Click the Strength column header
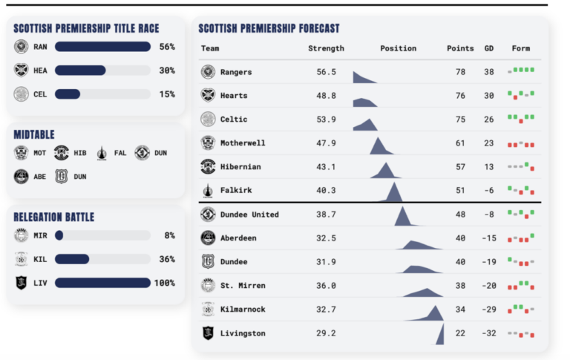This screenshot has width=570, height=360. click(326, 49)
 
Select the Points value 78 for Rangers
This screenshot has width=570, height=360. click(460, 72)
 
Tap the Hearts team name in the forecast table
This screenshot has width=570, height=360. click(234, 96)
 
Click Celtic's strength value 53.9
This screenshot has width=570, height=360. click(326, 120)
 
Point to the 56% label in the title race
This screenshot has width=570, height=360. click(166, 47)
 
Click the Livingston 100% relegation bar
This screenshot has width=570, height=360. click(102, 283)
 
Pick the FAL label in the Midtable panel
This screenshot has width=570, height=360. click(121, 154)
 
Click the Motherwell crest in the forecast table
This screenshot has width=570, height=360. click(208, 143)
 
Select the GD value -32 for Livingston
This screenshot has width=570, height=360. click(488, 333)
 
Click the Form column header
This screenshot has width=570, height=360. click(520, 49)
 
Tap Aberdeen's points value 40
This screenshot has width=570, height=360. click(460, 238)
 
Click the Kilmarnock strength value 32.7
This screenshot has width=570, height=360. click(326, 310)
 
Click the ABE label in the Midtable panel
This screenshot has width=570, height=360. click(40, 177)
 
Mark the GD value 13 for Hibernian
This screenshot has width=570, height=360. click(488, 167)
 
